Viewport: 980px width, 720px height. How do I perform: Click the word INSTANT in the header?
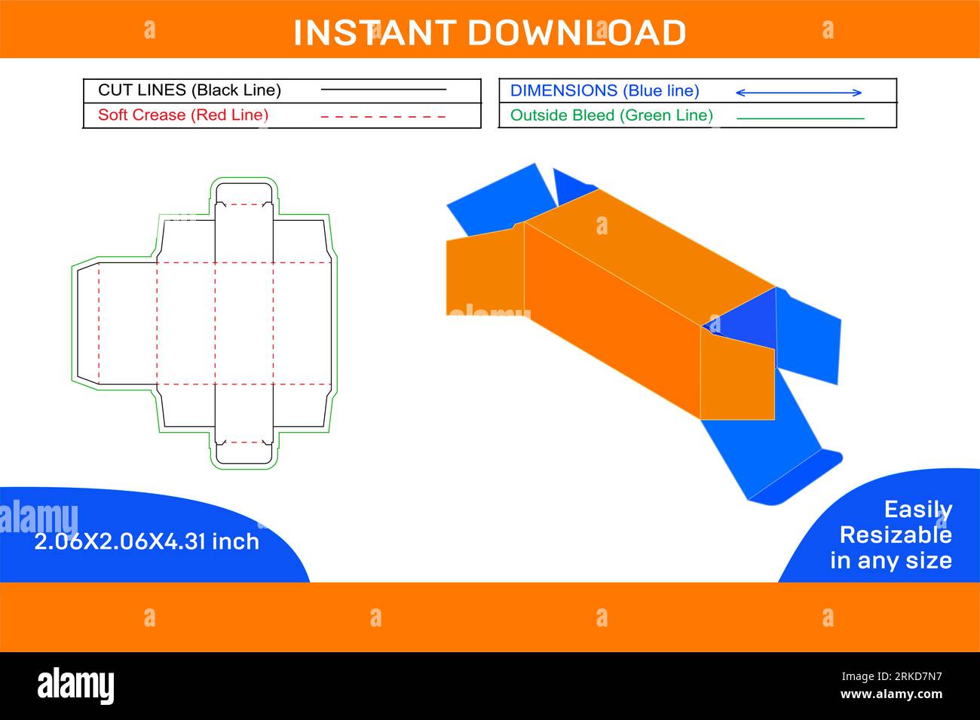coord(374,32)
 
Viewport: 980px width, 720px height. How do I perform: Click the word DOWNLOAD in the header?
coord(577,32)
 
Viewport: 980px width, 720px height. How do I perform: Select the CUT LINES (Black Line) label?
coord(189,90)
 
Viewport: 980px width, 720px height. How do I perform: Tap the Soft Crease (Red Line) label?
coord(183,115)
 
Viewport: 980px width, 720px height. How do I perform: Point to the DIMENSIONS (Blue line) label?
coord(605,90)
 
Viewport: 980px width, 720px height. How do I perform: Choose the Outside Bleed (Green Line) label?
coord(611,115)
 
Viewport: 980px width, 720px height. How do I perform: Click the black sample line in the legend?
coord(383,90)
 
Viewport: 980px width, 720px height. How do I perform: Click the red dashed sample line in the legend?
coord(383,117)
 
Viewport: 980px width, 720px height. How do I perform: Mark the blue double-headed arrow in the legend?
coord(798,93)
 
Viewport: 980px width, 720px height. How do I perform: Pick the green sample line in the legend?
coord(800,118)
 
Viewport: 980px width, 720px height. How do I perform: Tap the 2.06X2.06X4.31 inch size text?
coord(146,541)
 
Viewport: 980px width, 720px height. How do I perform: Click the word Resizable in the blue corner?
coord(895,535)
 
